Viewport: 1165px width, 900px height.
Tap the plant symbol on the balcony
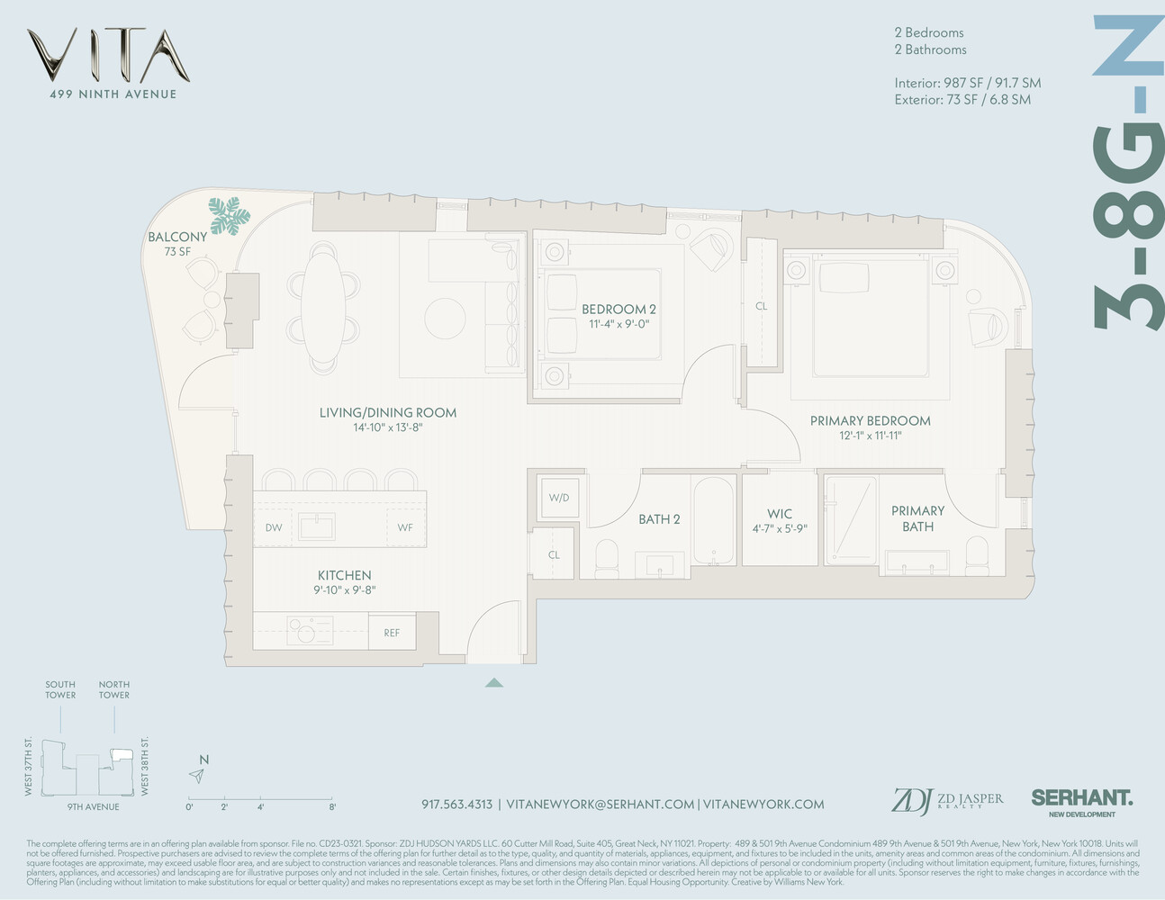229,216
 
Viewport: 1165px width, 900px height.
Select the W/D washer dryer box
559,498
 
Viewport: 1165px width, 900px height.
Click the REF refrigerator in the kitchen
392,633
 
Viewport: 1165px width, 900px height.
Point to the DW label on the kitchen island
274,527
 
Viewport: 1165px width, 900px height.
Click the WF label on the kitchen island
405,527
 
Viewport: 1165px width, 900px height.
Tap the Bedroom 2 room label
619,310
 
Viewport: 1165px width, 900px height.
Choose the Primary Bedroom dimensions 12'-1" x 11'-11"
870,436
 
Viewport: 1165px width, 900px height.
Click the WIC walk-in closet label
780,514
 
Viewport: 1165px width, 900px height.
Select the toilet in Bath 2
606,557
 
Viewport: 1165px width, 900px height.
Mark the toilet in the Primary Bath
977,554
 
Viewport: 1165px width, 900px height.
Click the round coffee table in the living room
446,318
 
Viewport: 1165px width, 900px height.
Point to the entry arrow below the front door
493,683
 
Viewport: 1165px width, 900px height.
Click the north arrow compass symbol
197,775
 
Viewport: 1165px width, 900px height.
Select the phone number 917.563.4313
456,804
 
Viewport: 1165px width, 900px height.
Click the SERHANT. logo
1081,798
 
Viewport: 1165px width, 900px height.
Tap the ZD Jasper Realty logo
946,800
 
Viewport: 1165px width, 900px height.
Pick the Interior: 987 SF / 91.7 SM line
967,83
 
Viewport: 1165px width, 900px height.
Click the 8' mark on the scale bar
333,806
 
